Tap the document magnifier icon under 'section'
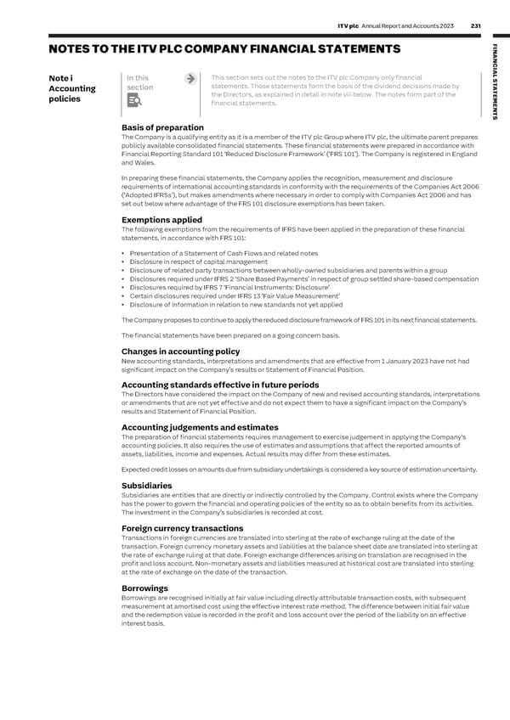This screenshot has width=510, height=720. point(133,102)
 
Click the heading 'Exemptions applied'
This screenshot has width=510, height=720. point(161,219)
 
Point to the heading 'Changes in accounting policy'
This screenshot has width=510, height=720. point(180,351)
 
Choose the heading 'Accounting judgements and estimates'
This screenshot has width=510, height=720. point(200,426)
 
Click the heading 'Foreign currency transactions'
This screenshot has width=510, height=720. point(183,527)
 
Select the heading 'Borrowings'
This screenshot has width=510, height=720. point(144,587)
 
